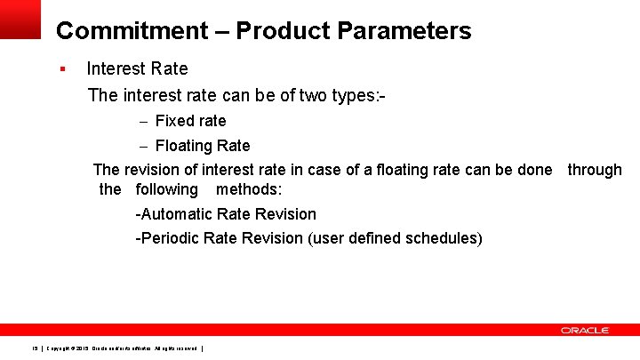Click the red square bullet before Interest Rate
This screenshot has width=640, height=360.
click(62, 68)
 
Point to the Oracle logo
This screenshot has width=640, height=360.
click(585, 331)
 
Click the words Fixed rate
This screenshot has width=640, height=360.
click(190, 121)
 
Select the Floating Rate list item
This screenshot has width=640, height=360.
click(203, 146)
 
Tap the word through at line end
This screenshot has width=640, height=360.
click(595, 170)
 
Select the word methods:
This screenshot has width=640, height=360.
click(249, 189)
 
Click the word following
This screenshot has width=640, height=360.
click(166, 189)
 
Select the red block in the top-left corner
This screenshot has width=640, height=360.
click(20, 19)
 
